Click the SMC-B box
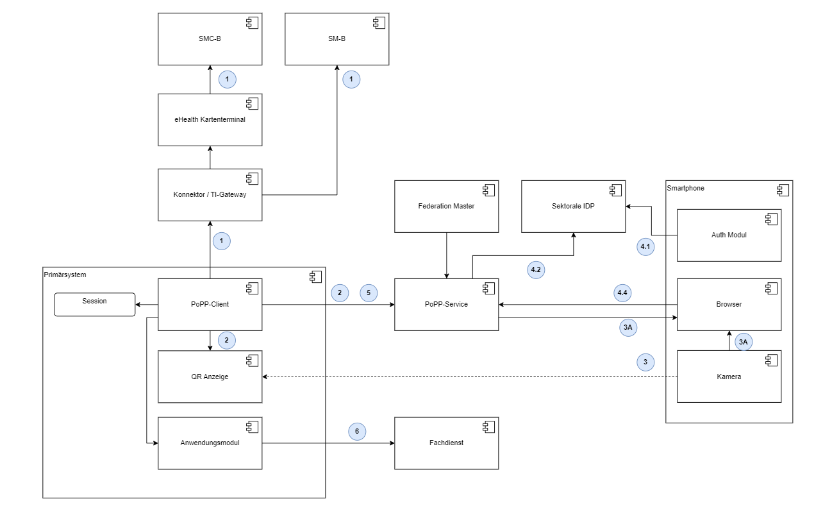[210, 38]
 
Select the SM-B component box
[337, 38]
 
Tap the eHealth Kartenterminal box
[210, 119]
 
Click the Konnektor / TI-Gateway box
[210, 195]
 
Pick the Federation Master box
[446, 207]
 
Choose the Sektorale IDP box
[573, 207]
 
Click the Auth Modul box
[729, 235]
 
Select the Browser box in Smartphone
[729, 304]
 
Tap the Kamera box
[729, 377]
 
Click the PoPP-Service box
[446, 304]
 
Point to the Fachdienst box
[446, 443]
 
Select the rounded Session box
[94, 304]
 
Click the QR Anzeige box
[210, 377]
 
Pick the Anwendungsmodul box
[210, 443]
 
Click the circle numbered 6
[357, 432]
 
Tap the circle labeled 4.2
[536, 270]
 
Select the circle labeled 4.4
[621, 293]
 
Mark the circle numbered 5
[369, 293]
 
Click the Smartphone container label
[685, 188]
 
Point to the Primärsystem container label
[65, 275]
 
